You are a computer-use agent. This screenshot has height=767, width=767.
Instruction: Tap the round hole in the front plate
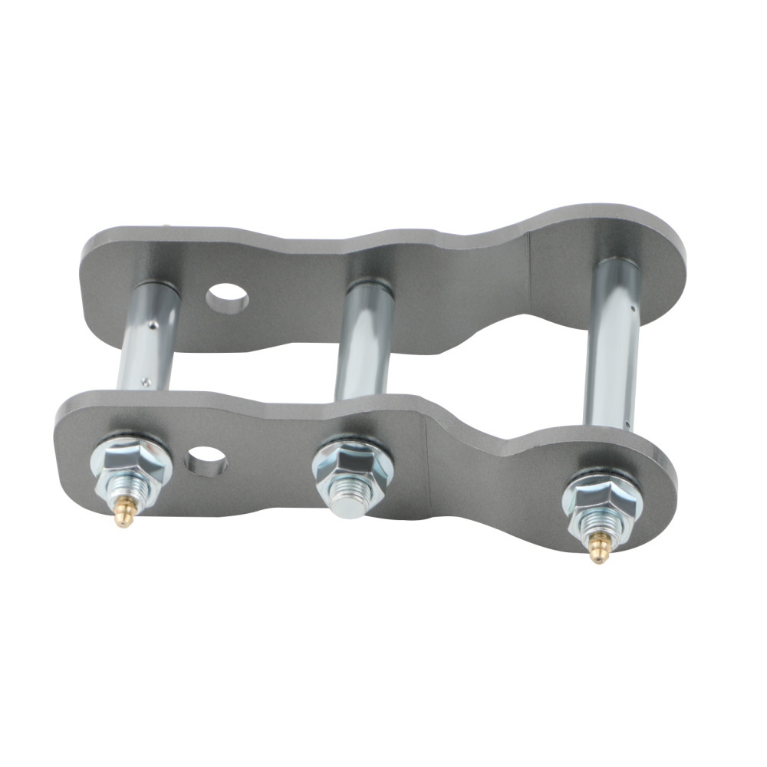pyautogui.click(x=206, y=458)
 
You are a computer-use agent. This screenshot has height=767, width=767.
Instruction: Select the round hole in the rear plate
pyautogui.click(x=227, y=298)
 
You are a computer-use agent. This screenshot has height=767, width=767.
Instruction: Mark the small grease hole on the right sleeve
pyautogui.click(x=627, y=421)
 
